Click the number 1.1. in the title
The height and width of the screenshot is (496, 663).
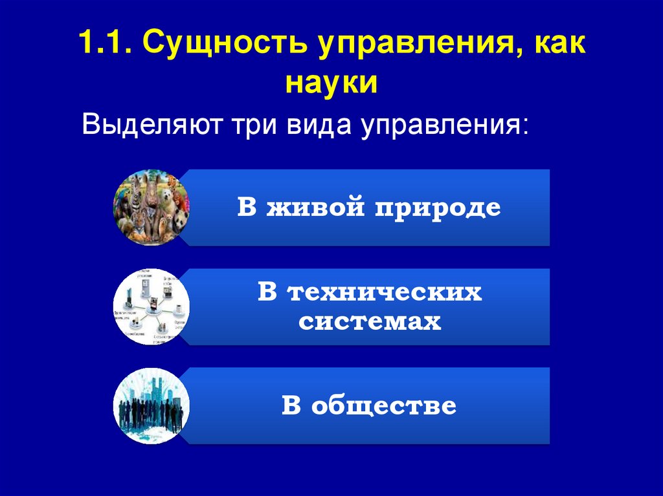[x=104, y=46]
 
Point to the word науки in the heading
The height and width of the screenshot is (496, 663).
[x=330, y=84]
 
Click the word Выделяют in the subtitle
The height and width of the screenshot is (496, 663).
[x=147, y=124]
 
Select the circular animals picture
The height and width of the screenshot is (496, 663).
[x=152, y=208]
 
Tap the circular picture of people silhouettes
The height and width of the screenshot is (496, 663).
[x=152, y=405]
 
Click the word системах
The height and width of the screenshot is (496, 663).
[x=370, y=321]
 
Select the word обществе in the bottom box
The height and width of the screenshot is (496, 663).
[x=383, y=406]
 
